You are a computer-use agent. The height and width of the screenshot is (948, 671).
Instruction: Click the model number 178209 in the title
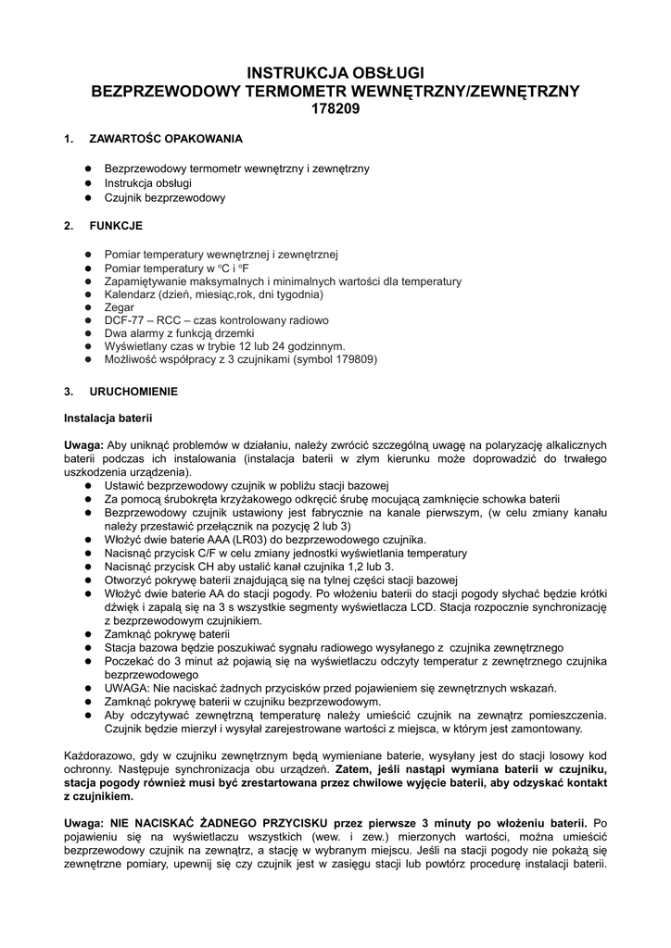[335, 108]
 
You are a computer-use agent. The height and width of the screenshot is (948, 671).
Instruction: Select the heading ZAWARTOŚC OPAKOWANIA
[166, 139]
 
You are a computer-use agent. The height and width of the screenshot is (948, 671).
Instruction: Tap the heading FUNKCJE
[116, 225]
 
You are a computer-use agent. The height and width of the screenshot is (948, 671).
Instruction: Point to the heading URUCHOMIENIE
[133, 392]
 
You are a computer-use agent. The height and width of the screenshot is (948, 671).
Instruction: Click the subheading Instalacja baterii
[107, 418]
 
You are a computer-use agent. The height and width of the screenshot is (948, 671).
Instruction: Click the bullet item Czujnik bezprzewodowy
[164, 197]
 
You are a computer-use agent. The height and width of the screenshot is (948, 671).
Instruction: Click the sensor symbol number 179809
[351, 359]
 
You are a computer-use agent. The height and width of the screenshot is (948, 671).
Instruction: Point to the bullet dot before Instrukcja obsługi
[86, 183]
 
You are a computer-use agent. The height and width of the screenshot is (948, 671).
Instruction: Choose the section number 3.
[68, 392]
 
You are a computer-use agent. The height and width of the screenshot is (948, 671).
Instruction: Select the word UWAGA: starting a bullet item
[125, 690]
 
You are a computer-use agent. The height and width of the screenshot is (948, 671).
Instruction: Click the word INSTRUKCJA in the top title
[292, 72]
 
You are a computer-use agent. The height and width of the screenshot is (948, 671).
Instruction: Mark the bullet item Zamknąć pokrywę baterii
[166, 634]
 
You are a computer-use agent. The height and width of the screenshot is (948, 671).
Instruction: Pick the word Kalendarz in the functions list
[131, 294]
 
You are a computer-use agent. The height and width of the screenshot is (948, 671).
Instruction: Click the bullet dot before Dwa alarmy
[86, 333]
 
